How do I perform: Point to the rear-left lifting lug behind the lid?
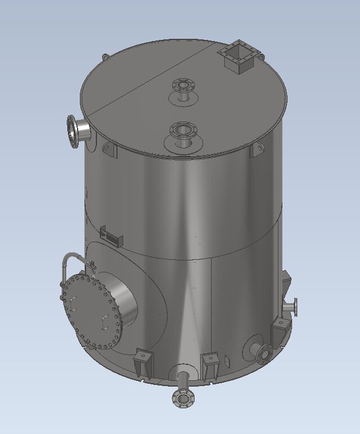pos(105,57)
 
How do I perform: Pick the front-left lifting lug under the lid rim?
pos(109,149)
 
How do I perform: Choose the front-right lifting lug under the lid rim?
pos(257,149)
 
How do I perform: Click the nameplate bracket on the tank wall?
pos(110,235)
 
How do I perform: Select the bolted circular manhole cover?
pos(90,310)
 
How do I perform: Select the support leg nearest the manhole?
pos(143,363)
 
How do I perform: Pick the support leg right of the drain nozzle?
pos(210,366)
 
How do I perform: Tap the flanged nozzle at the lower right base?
pos(263,353)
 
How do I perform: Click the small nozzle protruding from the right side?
pos(292,307)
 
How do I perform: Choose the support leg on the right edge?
pos(280,331)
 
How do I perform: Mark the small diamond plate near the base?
pos(227,360)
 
